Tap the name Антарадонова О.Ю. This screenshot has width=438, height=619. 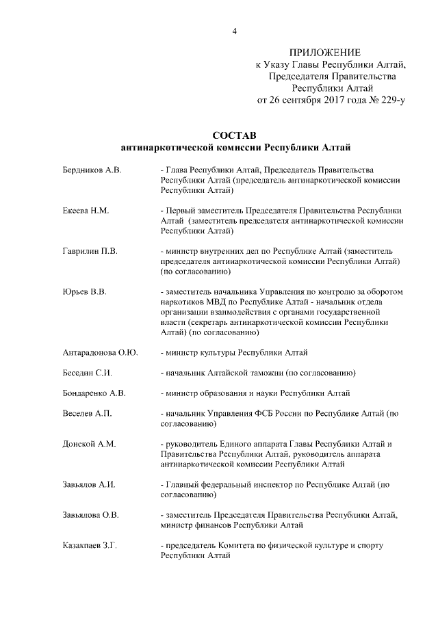point(100,352)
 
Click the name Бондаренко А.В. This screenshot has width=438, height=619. point(94,393)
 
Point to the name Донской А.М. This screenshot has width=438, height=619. point(89,444)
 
